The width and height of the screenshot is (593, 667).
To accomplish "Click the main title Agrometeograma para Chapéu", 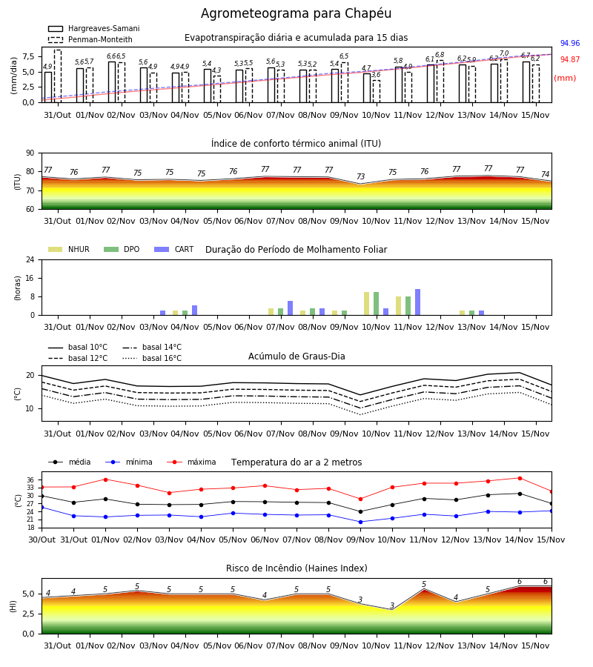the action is click(296, 13).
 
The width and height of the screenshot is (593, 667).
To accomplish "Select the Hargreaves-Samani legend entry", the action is click(94, 28).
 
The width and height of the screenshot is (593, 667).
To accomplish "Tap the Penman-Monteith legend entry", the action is click(90, 39).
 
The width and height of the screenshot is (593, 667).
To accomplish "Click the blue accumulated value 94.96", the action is click(570, 44).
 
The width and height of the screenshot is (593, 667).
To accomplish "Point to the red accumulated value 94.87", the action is click(570, 59).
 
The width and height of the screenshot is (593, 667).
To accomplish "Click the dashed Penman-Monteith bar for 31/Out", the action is click(57, 76).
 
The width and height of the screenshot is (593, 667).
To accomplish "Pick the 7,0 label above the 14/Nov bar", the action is click(504, 53).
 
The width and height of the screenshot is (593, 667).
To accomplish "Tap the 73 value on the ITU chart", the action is click(361, 176).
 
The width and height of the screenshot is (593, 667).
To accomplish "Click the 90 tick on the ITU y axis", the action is click(30, 153).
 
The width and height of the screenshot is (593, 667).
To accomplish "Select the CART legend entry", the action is click(174, 249).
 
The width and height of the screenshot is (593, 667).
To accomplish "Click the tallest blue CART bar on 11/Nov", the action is click(418, 302).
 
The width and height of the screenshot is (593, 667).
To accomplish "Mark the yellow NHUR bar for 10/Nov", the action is click(367, 304).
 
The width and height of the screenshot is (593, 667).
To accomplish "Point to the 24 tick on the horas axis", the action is click(30, 260).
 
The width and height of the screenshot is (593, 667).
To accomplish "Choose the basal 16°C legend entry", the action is click(152, 358).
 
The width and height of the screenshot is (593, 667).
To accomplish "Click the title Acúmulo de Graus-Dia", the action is click(296, 356).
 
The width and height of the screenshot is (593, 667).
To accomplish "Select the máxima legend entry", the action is click(191, 462).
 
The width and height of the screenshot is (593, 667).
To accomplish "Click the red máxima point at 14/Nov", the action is click(520, 478).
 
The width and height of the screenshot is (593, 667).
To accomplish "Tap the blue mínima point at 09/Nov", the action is click(361, 522).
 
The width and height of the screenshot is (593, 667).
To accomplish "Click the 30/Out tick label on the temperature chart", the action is click(42, 540).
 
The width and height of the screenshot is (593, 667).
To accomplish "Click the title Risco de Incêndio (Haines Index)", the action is click(296, 568).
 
